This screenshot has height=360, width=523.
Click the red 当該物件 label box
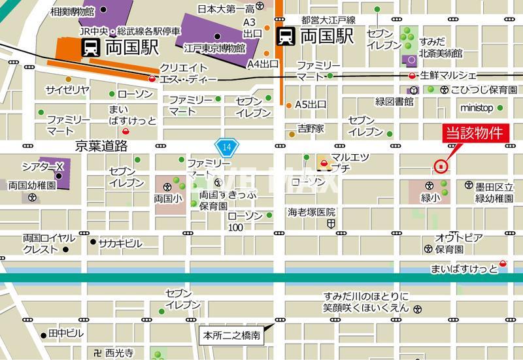point(474,133)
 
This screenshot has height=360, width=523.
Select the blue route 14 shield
point(226,147)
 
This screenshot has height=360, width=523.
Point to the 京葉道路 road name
point(101,146)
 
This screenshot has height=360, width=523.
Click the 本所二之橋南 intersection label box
point(232,336)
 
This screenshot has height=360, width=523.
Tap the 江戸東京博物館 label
point(214,48)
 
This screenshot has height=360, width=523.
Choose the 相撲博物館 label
point(73,11)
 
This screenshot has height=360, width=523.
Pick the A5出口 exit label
point(311,104)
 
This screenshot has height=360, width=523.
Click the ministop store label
point(477,108)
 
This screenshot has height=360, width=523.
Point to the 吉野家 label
point(311,128)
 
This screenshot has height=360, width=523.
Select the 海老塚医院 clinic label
point(312,212)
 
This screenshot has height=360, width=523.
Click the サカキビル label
point(120,243)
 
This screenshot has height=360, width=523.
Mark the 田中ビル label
point(66,333)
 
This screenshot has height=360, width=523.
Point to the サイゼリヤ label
point(67,89)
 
